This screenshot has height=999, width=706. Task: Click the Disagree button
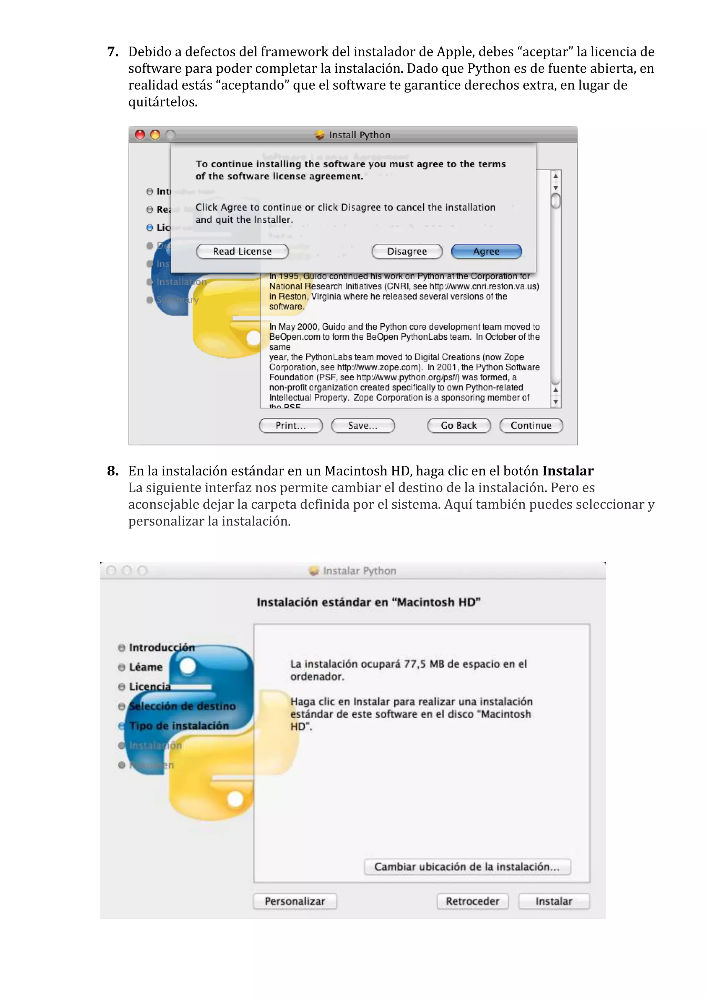pyautogui.click(x=407, y=252)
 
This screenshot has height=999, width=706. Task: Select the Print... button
pyautogui.click(x=291, y=425)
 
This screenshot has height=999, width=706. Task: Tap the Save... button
pyautogui.click(x=363, y=425)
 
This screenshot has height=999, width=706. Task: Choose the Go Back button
pyautogui.click(x=458, y=425)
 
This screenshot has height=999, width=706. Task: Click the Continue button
pyautogui.click(x=531, y=425)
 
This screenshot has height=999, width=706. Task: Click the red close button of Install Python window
pyautogui.click(x=140, y=135)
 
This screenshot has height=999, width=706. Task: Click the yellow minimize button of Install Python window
pyautogui.click(x=155, y=135)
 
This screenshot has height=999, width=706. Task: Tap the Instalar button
pyautogui.click(x=553, y=901)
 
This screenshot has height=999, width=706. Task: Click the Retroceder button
pyautogui.click(x=472, y=901)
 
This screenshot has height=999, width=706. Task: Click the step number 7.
pyautogui.click(x=113, y=52)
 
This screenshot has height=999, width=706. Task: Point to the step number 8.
pyautogui.click(x=113, y=471)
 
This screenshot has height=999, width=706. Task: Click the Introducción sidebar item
pyautogui.click(x=161, y=647)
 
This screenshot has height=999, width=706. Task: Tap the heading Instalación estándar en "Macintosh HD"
pyautogui.click(x=368, y=602)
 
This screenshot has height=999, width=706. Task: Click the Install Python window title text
pyautogui.click(x=359, y=135)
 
